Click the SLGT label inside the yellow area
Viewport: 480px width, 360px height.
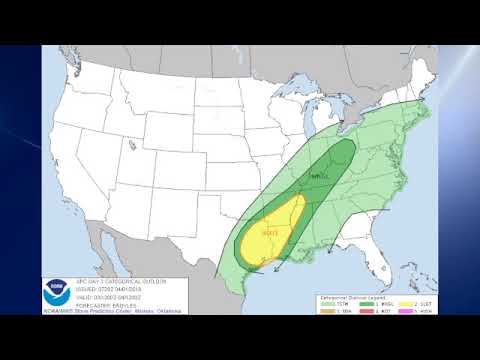(x=269, y=234)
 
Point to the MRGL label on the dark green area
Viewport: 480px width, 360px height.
(x=320, y=176)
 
